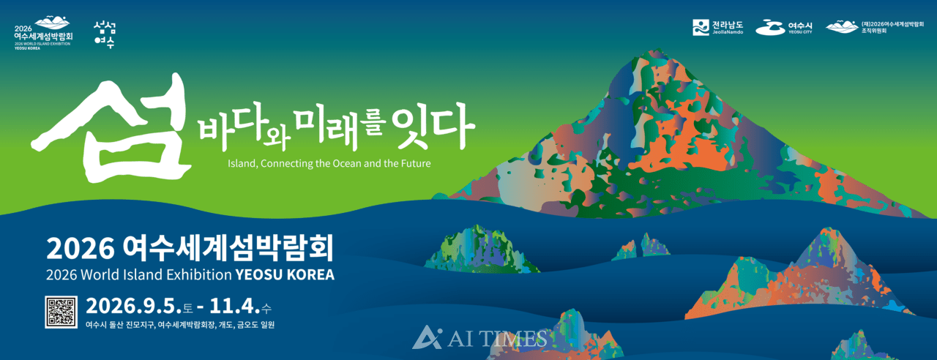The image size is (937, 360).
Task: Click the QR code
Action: point(61,311)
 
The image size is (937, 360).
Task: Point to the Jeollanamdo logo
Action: point(718,27)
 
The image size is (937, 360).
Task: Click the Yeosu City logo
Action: point(783,27)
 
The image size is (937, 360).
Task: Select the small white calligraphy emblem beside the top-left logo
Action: point(105,34)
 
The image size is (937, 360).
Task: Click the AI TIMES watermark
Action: point(479,337)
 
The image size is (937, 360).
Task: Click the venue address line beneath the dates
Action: point(180,325)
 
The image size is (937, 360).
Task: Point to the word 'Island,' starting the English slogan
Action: point(243,162)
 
